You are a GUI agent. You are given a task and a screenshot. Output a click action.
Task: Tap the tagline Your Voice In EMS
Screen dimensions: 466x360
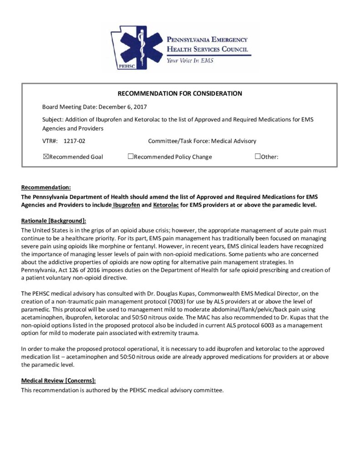[189, 60]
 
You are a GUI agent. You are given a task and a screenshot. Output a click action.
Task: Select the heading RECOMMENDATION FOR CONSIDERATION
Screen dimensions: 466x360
[180, 94]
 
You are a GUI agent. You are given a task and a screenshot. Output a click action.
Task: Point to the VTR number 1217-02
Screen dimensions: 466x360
[75, 141]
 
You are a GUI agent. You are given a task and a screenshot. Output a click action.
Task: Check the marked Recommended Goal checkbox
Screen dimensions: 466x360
[45, 157]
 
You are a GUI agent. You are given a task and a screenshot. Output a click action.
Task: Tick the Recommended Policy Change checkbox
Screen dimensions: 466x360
[131, 157]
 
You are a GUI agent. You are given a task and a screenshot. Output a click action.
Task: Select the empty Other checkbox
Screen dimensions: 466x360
[258, 157]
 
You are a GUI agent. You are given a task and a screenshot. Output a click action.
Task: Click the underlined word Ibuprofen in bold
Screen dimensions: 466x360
[127, 205]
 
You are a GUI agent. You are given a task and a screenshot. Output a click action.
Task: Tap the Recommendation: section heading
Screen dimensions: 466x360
[46, 187]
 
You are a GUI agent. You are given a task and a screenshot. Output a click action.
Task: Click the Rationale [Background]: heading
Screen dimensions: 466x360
[54, 221]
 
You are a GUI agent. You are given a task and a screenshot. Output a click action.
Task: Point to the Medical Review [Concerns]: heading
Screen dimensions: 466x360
[58, 380]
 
